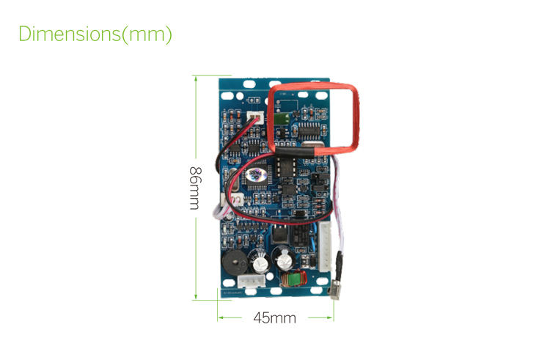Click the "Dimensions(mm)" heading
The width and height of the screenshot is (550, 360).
pos(95,34)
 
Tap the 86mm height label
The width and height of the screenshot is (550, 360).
pos(194,188)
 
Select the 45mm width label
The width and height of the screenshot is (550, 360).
pos(274,317)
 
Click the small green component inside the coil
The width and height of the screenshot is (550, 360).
pos(280,117)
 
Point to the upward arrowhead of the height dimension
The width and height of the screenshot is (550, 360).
pos(195,77)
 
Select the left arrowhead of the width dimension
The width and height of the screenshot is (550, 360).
pos(220,317)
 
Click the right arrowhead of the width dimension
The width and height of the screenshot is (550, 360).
pos(331,317)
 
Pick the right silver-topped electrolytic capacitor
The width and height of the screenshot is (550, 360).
pos(282,258)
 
